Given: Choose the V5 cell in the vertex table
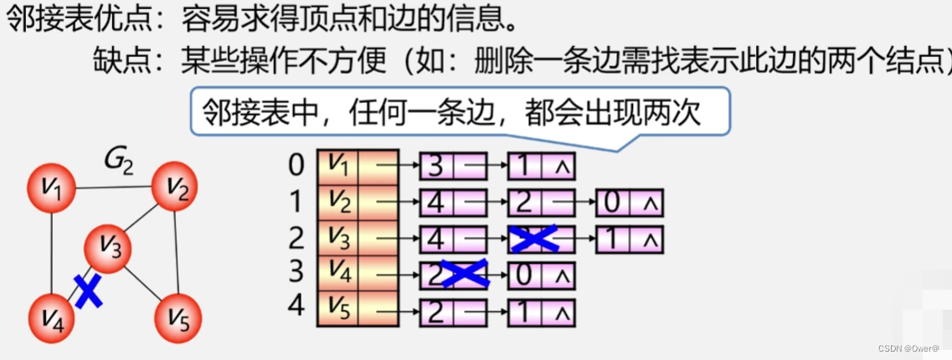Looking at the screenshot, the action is tap(338, 313).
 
